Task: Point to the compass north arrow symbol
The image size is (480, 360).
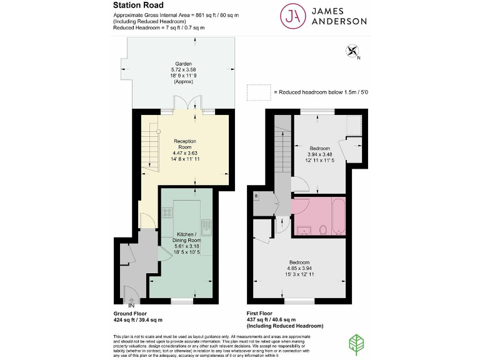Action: [351, 52]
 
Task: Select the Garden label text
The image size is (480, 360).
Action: [183, 63]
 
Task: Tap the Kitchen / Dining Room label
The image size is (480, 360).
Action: [186, 236]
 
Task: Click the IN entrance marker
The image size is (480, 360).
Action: [131, 304]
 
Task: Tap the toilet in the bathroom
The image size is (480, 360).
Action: [322, 229]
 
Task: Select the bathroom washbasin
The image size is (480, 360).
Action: [304, 229]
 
